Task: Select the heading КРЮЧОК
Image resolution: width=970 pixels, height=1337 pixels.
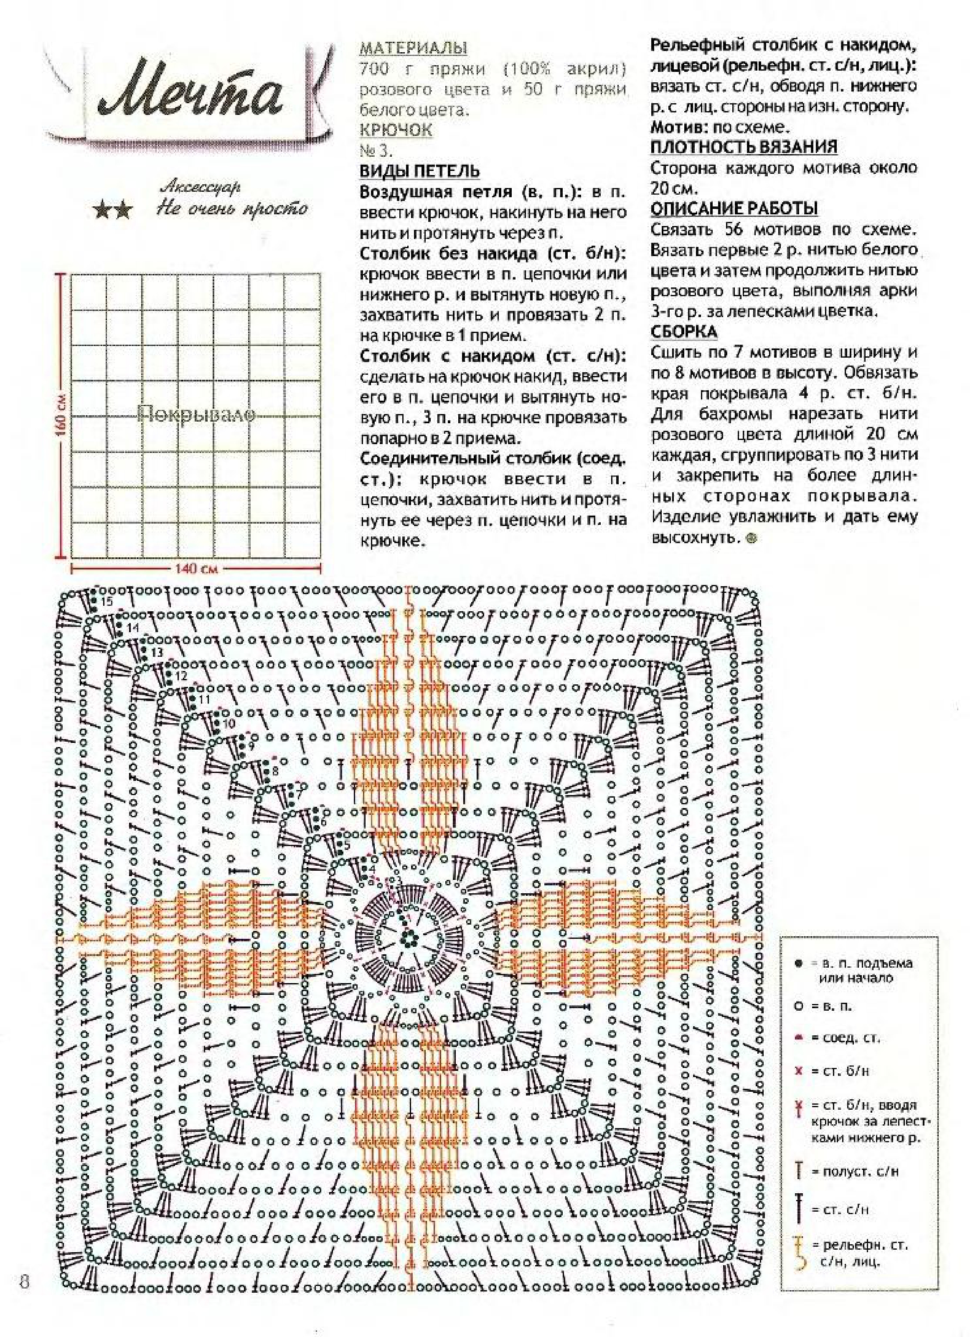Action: [x=396, y=130]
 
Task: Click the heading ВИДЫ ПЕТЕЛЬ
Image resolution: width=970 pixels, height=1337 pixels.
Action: [x=419, y=172]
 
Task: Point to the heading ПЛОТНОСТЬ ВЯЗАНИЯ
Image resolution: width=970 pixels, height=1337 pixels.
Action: [x=744, y=147]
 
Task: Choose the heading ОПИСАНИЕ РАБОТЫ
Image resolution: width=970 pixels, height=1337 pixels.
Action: [x=734, y=208]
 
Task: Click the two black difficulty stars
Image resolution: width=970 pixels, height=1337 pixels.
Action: [x=113, y=211]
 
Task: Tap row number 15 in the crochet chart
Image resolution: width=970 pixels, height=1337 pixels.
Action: [x=107, y=602]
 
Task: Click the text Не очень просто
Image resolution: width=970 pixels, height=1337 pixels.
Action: [x=231, y=208]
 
